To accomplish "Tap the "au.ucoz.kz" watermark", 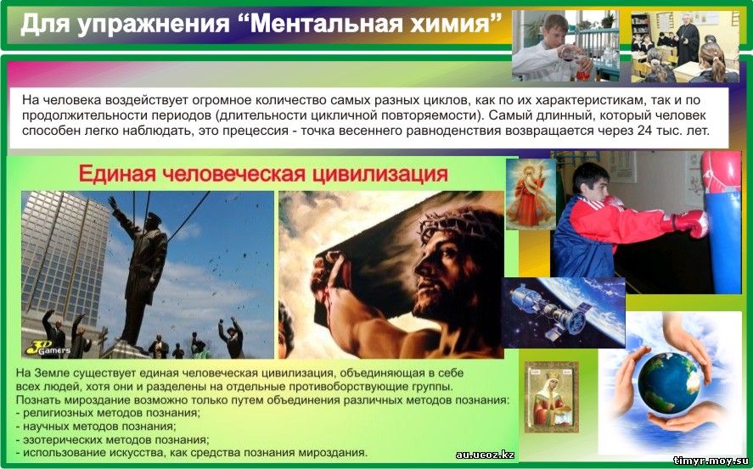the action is pyautogui.click(x=485, y=455).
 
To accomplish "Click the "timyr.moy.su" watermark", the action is pyautogui.click(x=711, y=461).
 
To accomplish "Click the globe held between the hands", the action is pyautogui.click(x=668, y=383).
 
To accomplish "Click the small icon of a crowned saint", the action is pyautogui.click(x=551, y=398).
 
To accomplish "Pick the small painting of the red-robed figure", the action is pyautogui.click(x=531, y=193).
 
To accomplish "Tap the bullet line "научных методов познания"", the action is pyautogui.click(x=96, y=426).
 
